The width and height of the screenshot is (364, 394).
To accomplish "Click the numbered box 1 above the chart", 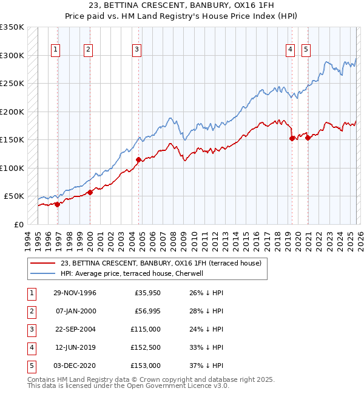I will pos(56,50).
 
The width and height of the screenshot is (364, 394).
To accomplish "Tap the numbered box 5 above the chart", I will pos(306,50).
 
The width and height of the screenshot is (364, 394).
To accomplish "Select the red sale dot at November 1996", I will pos(58,204).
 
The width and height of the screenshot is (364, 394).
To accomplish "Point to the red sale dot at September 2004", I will pos(138,160).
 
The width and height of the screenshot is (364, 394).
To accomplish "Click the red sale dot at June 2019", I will pos(292,138).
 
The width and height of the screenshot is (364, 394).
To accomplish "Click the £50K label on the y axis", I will pos(14,196).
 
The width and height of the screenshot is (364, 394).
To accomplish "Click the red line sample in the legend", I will pos(42,263).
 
